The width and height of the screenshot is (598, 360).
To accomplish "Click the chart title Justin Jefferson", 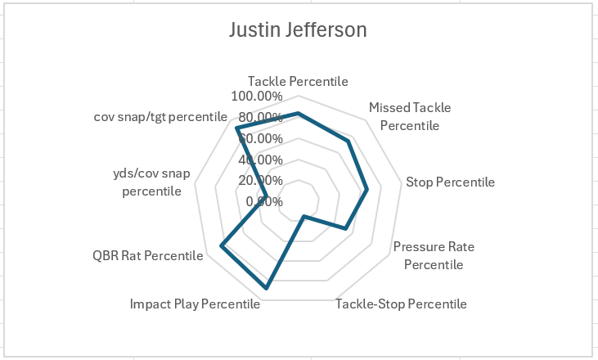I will coord(298,30).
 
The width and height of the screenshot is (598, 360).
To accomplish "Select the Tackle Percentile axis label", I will coord(298,82).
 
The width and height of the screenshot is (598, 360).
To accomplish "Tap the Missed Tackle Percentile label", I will coord(410,116).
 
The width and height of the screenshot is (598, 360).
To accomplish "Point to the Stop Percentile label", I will coord(450,182).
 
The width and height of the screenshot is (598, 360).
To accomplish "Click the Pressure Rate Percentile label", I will coord(434,255).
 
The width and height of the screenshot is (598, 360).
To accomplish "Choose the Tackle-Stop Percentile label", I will coord(402,304).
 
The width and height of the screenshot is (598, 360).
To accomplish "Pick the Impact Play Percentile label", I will coord(195,304).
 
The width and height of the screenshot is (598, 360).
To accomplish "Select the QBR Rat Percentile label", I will coord(148,256).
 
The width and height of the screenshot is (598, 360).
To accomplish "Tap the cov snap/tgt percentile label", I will coord(159,116).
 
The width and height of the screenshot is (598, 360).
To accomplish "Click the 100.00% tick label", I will coord(257,96).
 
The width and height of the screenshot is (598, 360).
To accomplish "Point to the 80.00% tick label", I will coord(261,117).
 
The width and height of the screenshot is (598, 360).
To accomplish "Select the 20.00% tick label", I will coord(261,180).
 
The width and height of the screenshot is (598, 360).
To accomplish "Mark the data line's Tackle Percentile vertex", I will coord(299,113).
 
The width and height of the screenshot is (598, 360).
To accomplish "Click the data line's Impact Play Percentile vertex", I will coord(267,288).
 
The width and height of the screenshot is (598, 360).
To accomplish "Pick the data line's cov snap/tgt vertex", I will coord(237,129).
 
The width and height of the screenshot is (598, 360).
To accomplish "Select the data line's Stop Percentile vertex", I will coord(367,190).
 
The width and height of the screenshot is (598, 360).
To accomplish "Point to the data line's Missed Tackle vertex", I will coord(348,142).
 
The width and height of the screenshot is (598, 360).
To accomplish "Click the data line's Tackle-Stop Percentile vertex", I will coord(304,217).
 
